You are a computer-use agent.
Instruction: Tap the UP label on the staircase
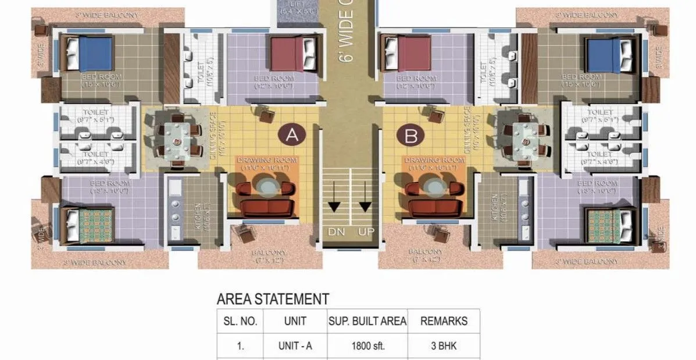pyautogui.click(x=366, y=231)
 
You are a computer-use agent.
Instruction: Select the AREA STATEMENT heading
pyautogui.click(x=273, y=300)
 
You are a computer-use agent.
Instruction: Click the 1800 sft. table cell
pyautogui.click(x=367, y=346)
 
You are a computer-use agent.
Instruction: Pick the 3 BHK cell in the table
pyautogui.click(x=443, y=346)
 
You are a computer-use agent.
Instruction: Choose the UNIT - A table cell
pyautogui.click(x=295, y=346)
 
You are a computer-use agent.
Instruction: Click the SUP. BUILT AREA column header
pyautogui.click(x=367, y=320)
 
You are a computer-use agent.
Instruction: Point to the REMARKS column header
pyautogui.click(x=443, y=320)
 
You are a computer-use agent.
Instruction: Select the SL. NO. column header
pyautogui.click(x=240, y=320)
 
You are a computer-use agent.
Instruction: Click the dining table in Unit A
pyautogui.click(x=176, y=138)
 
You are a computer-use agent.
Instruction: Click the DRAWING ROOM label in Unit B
pyautogui.click(x=430, y=161)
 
